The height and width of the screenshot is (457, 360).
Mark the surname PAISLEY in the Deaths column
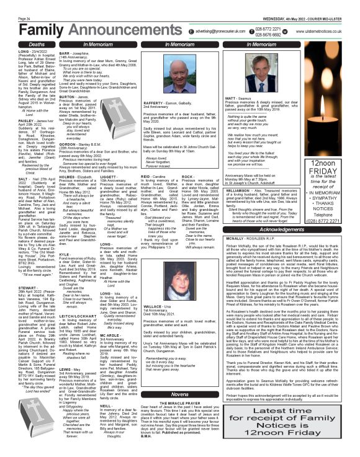pos(17,134)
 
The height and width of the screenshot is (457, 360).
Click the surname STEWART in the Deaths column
pos(17,287)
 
